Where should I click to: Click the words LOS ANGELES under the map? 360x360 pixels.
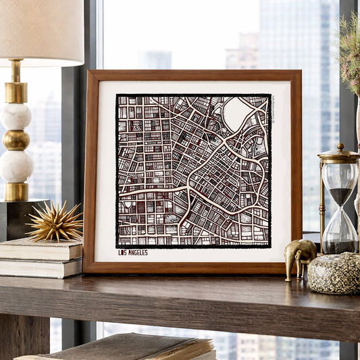(x=132, y=253)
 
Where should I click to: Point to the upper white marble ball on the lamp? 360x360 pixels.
(x=15, y=116)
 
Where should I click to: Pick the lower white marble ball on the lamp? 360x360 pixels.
(x=16, y=166)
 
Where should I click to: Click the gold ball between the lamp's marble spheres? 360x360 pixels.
(x=16, y=140)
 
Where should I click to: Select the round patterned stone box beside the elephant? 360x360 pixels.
(x=334, y=273)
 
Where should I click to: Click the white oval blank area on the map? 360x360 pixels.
(x=236, y=113)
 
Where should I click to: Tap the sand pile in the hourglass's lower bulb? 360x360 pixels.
(x=339, y=245)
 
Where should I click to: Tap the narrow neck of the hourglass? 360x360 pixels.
(x=340, y=210)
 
